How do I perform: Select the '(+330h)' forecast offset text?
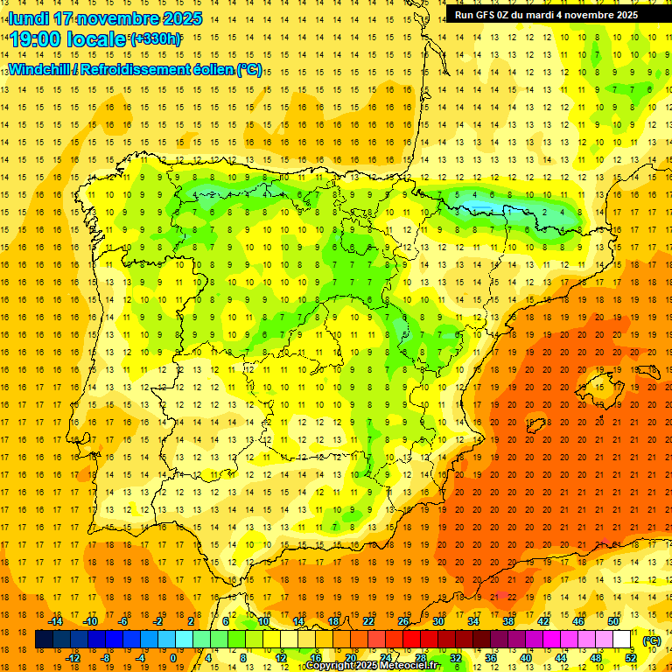click(x=156, y=39)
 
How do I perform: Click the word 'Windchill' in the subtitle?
click(x=38, y=69)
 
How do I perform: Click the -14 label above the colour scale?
click(x=55, y=621)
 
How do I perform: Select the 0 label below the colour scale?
click(x=173, y=658)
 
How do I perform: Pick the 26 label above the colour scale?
click(x=403, y=621)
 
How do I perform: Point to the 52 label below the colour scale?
click(x=631, y=658)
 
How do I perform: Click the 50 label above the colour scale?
click(x=613, y=621)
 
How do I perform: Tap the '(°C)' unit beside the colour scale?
click(x=651, y=640)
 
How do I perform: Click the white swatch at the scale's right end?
click(x=622, y=640)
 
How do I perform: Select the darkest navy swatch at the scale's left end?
click(x=44, y=640)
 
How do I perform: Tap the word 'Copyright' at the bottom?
click(x=333, y=666)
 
